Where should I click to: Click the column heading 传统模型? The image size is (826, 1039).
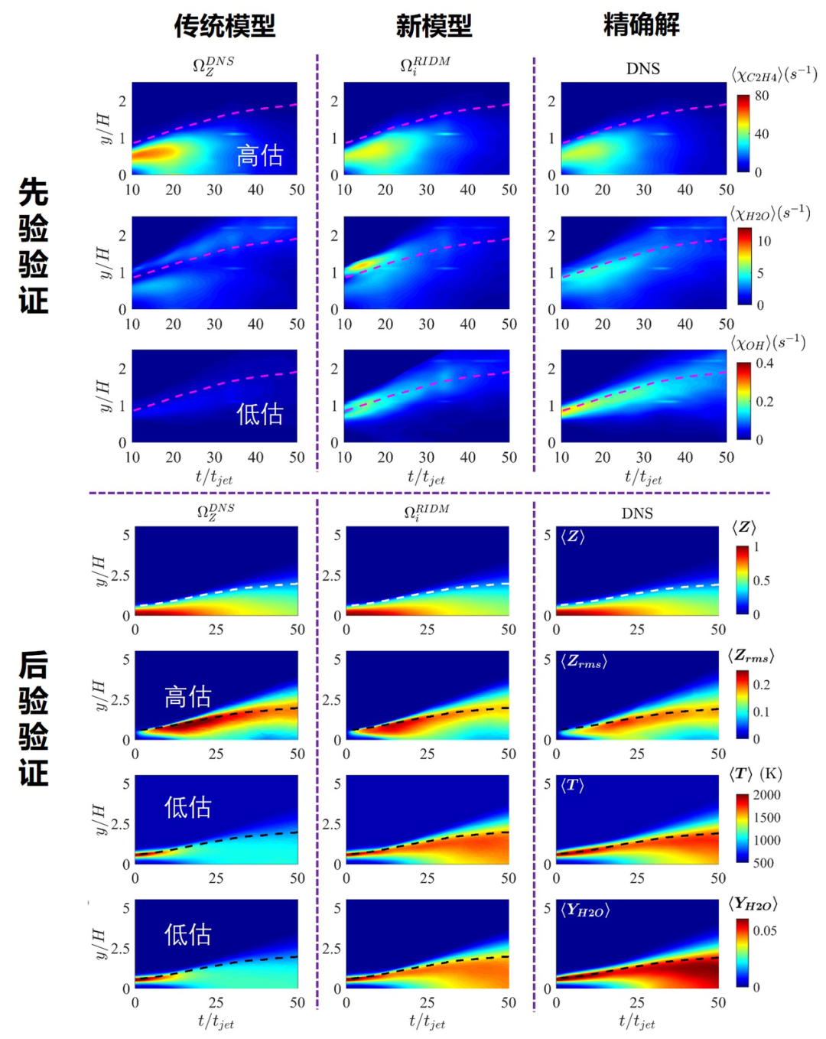pyautogui.click(x=224, y=26)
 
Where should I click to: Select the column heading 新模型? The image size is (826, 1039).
pyautogui.click(x=434, y=26)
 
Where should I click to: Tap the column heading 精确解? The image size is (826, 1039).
pyautogui.click(x=641, y=24)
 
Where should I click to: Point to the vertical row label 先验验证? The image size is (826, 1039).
pyautogui.click(x=34, y=246)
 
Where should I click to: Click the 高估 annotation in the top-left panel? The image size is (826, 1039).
pyautogui.click(x=259, y=155)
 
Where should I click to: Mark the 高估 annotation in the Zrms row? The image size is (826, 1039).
pyautogui.click(x=187, y=696)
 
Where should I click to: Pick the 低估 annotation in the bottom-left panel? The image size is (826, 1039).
pyautogui.click(x=187, y=934)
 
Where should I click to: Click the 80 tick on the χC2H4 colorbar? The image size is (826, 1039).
pyautogui.click(x=762, y=96)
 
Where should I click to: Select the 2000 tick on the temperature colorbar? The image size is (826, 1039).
pyautogui.click(x=766, y=795)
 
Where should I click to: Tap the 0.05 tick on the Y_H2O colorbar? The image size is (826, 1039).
pyautogui.click(x=765, y=930)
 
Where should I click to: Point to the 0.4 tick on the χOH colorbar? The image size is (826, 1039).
pyautogui.click(x=764, y=363)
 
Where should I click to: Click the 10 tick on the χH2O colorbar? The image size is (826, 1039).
pyautogui.click(x=764, y=241)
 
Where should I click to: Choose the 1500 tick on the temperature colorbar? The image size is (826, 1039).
pyautogui.click(x=766, y=817)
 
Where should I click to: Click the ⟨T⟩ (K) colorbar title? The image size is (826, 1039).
pyautogui.click(x=755, y=774)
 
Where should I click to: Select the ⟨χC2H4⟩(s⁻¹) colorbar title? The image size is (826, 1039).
pyautogui.click(x=774, y=74)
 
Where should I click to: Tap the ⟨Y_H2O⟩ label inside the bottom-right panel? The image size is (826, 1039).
pyautogui.click(x=585, y=910)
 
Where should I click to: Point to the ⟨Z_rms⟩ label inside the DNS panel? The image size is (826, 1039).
pyautogui.click(x=584, y=661)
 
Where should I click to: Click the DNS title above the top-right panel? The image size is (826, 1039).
pyautogui.click(x=642, y=69)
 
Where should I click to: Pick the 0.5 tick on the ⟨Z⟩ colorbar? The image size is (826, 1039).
pyautogui.click(x=761, y=581)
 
